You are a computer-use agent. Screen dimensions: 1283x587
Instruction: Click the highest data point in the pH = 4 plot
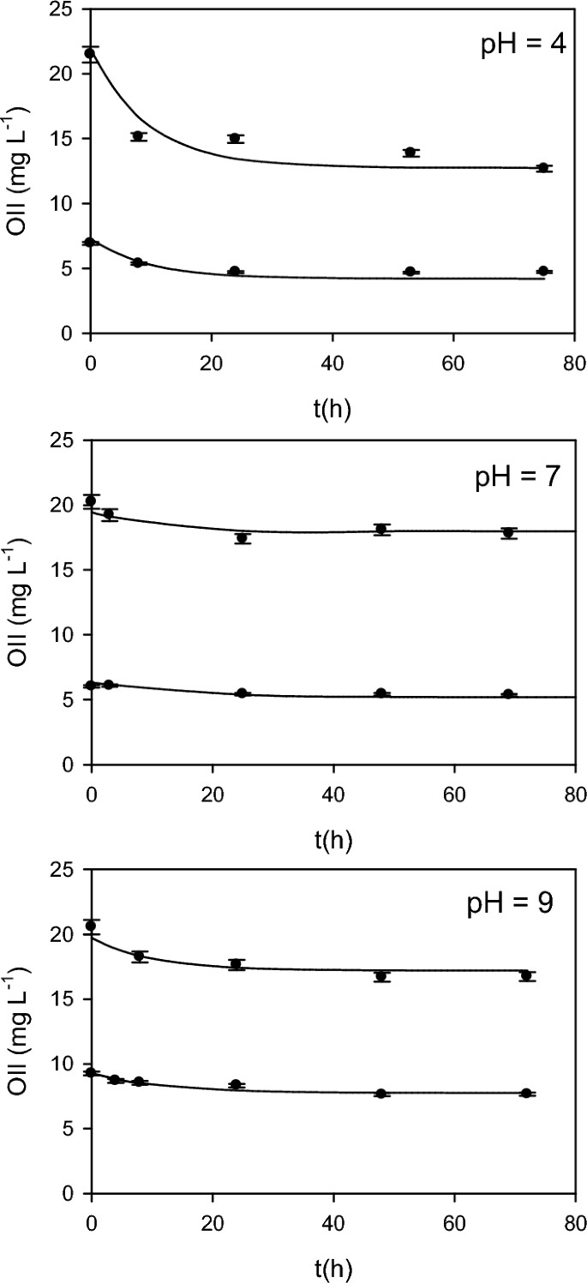90,53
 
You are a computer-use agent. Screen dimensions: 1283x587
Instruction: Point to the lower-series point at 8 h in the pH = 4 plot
137,262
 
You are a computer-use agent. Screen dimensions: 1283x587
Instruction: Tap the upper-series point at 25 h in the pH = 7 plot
243,538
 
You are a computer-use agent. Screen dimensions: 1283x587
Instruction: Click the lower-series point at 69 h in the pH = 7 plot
508,693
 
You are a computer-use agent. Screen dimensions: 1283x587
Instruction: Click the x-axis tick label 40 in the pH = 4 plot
332,360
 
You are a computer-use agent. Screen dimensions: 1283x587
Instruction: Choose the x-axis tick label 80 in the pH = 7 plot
574,791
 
